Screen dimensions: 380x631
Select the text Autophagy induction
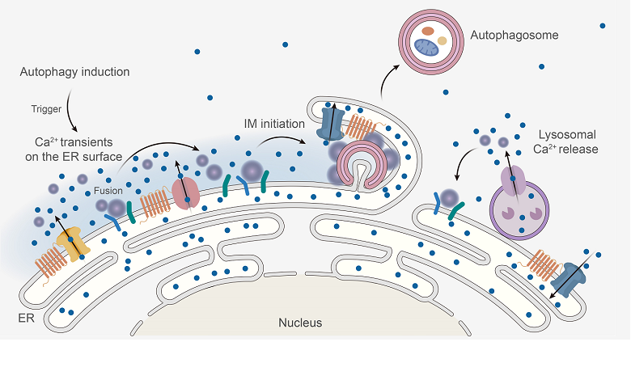pyautogui.click(x=74, y=73)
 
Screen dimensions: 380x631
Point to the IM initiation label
pyautogui.click(x=274, y=124)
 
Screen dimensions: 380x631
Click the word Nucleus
pyautogui.click(x=300, y=323)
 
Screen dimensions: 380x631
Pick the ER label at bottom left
pyautogui.click(x=26, y=319)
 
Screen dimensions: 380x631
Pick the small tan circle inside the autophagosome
pyautogui.click(x=443, y=40)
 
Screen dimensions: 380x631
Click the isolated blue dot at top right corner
pyautogui.click(x=603, y=26)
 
